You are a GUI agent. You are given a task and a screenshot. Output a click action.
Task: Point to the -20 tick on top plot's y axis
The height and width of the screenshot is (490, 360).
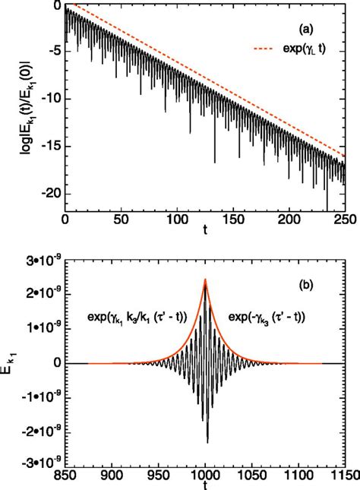[50, 194]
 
